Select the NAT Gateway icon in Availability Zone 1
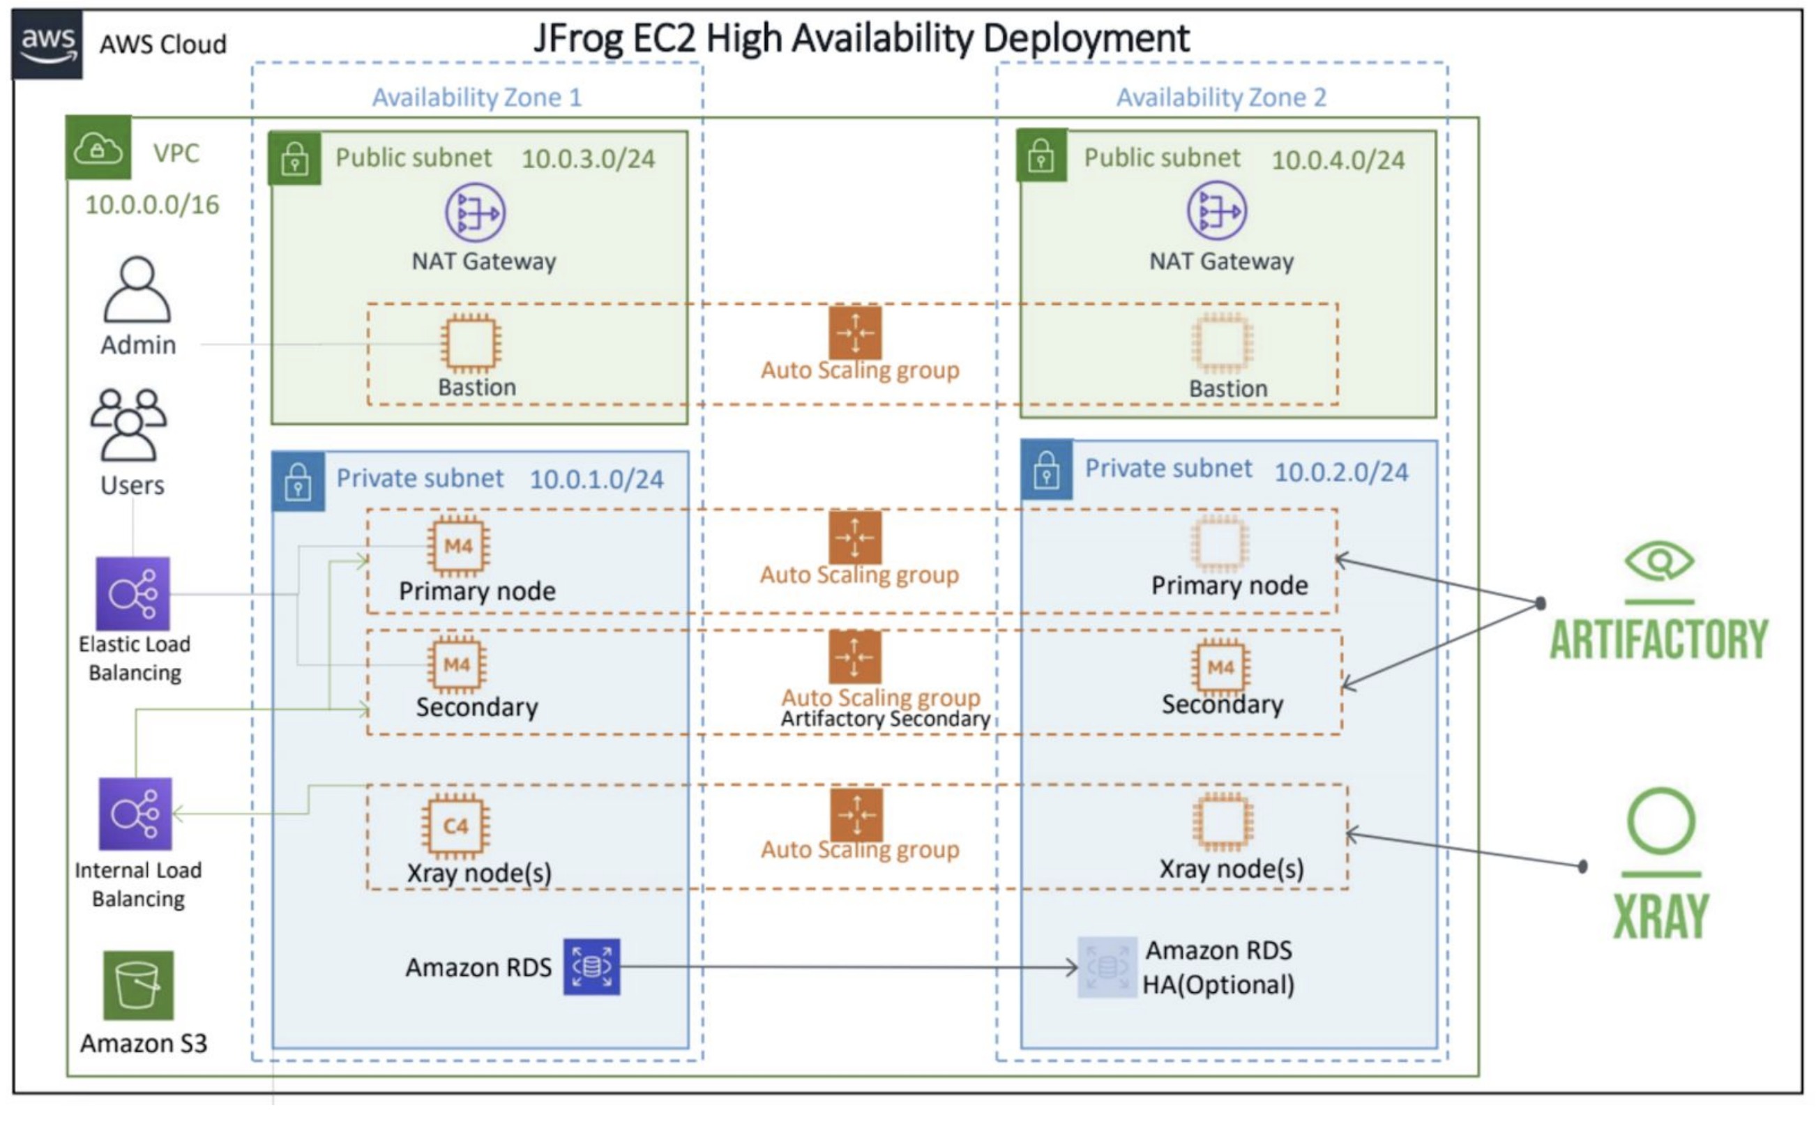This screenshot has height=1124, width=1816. point(475,213)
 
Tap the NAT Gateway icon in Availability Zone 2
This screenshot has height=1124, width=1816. point(1216,211)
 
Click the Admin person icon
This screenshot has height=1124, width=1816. point(137,290)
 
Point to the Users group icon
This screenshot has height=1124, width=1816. point(128,425)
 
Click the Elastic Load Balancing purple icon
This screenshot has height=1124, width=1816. point(133,593)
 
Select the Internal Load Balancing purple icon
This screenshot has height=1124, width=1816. point(135,813)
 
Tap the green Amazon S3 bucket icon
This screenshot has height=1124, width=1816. point(138,985)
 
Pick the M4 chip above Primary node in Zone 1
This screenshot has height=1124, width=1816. point(458,547)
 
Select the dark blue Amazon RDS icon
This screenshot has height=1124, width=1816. point(591,966)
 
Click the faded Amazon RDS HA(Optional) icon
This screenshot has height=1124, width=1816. point(1106,966)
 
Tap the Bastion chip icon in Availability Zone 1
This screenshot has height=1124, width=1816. point(470,344)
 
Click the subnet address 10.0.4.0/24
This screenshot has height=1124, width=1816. point(1338,160)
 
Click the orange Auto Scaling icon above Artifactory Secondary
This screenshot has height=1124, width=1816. point(855,657)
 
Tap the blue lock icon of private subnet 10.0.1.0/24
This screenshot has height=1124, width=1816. point(298,481)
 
